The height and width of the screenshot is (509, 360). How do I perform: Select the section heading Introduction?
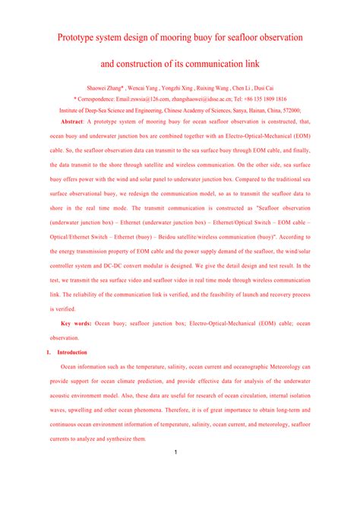[72, 353]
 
